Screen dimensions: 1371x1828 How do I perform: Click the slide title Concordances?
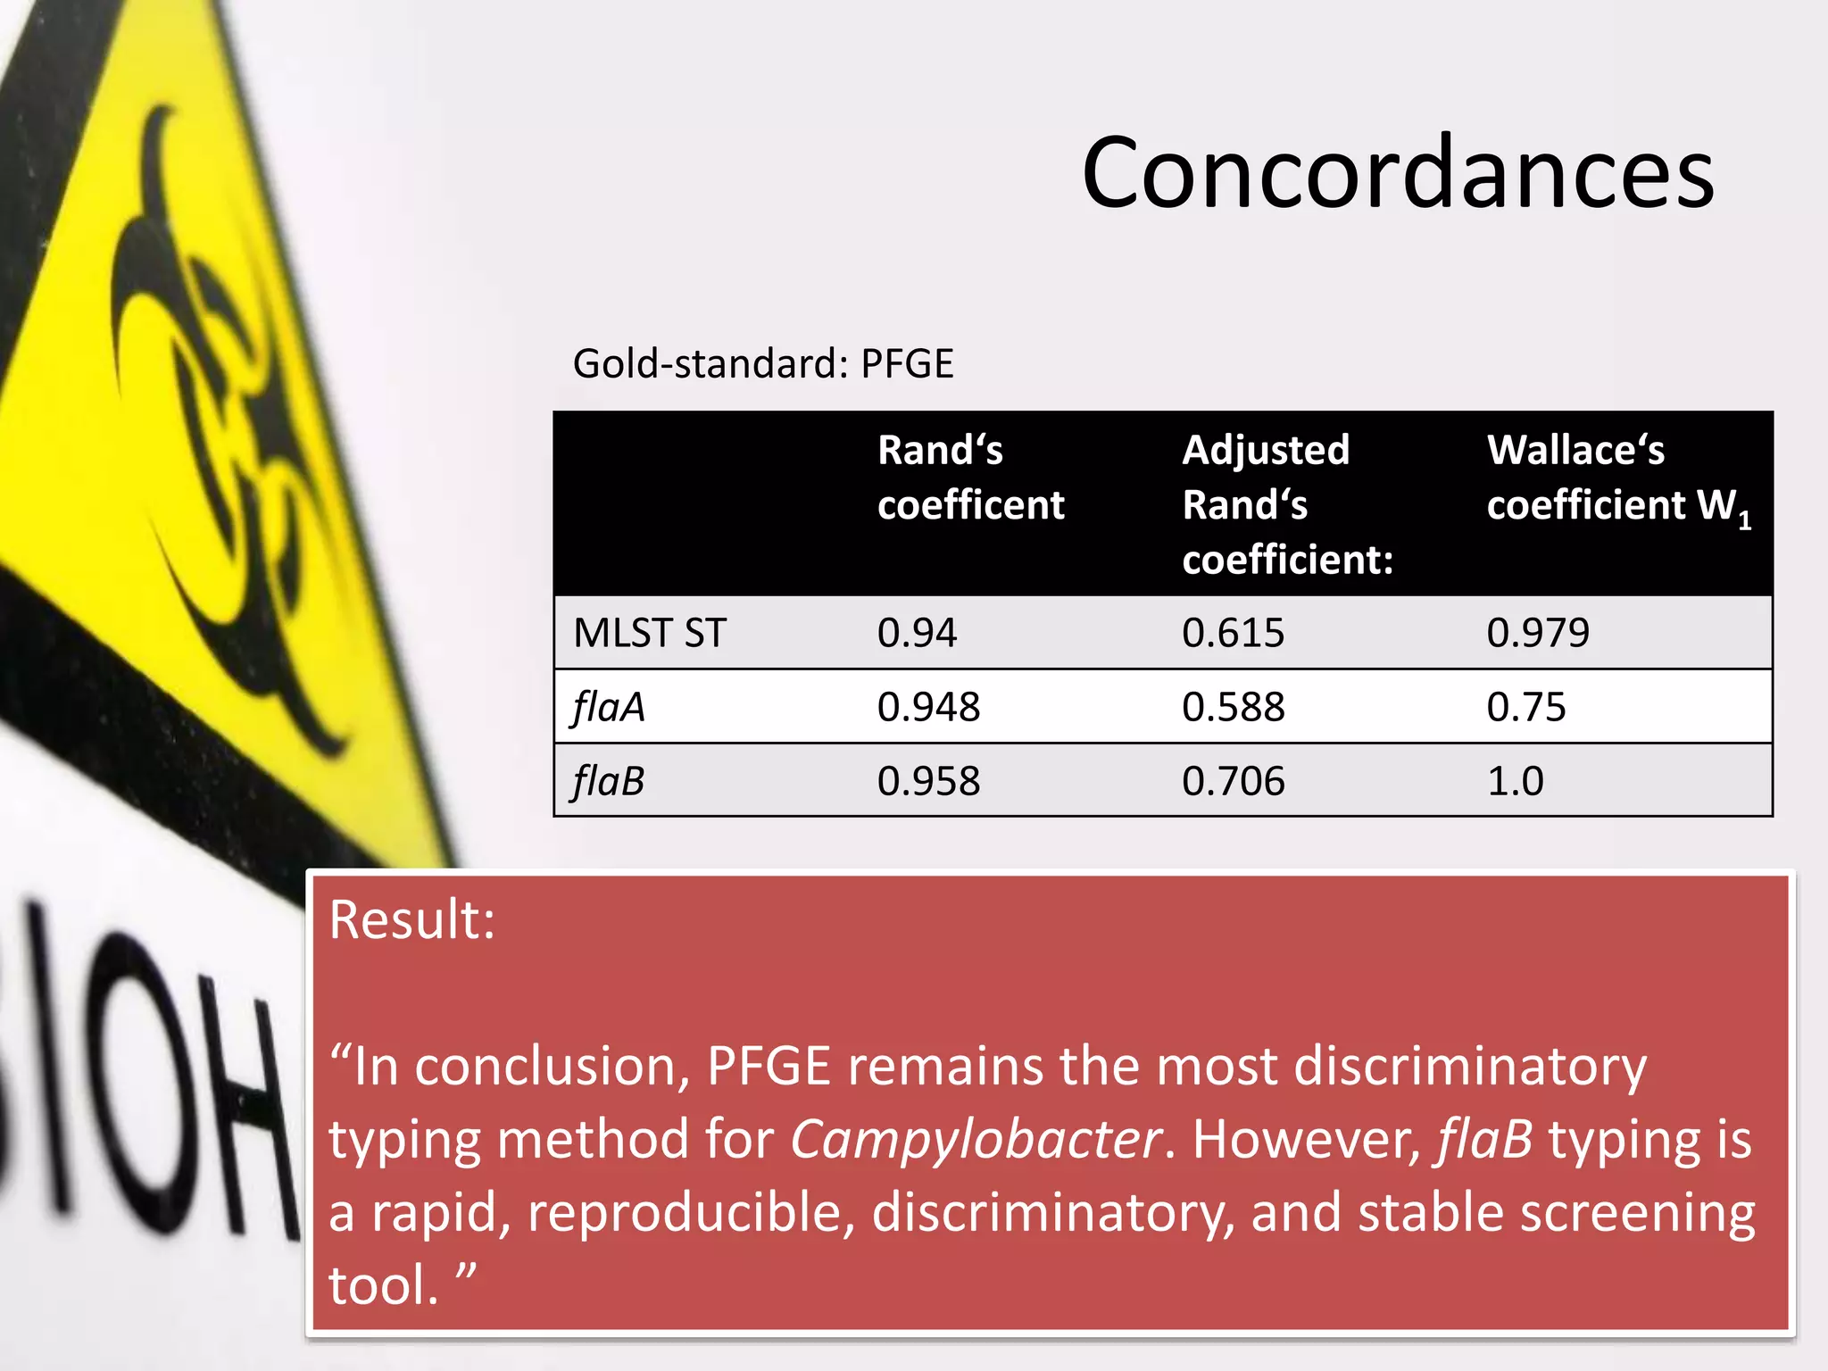tap(1397, 172)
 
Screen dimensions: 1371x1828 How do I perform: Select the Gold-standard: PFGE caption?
tap(763, 364)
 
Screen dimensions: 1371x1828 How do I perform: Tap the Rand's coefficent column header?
tap(970, 478)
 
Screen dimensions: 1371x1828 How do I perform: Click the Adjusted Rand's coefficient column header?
tap(1286, 504)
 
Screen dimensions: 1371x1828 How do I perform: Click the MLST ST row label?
tap(650, 633)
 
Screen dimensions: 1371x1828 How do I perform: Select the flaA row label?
tap(609, 707)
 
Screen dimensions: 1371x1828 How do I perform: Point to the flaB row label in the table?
tap(609, 781)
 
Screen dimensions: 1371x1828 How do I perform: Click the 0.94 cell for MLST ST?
tap(917, 633)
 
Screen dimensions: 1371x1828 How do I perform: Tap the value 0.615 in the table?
tap(1233, 633)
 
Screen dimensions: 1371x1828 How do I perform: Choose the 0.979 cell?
tap(1538, 633)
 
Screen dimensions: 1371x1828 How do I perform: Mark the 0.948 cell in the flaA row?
tap(928, 707)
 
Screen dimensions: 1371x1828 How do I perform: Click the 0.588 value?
tap(1233, 707)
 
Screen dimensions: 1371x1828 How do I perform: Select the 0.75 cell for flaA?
tap(1526, 707)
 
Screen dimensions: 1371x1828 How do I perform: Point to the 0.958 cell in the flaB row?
tap(928, 781)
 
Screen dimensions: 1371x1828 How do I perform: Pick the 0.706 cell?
tap(1233, 781)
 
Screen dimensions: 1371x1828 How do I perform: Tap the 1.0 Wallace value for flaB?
tap(1515, 781)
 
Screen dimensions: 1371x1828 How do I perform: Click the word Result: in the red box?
tap(411, 919)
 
